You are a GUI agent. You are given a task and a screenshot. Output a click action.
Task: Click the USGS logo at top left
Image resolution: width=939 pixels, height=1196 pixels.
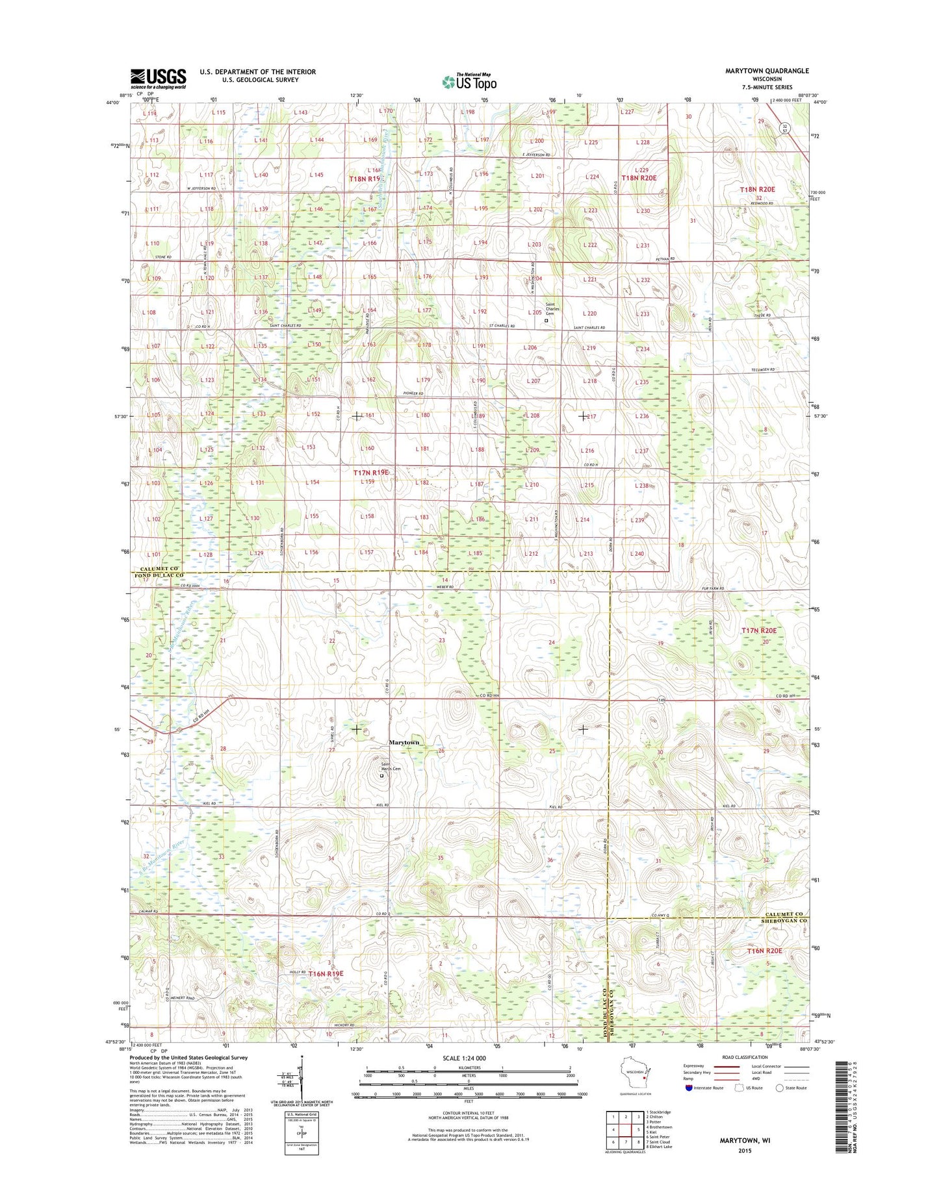158,79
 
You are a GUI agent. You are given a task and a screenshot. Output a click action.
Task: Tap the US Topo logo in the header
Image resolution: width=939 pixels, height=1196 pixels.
469,82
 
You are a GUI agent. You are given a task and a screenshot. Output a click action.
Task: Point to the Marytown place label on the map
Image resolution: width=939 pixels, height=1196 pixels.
404,742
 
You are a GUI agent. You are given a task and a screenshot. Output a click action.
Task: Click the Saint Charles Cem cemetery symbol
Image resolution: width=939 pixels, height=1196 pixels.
546,320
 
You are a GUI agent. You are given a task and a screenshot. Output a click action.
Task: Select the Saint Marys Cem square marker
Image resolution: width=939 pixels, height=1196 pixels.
381,775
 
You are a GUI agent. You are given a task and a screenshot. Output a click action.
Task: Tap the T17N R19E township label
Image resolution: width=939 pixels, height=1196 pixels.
371,473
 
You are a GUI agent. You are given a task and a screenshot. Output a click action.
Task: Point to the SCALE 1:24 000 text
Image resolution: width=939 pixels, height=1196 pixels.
464,1058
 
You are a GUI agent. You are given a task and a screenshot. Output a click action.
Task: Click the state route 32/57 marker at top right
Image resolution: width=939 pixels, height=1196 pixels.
784,129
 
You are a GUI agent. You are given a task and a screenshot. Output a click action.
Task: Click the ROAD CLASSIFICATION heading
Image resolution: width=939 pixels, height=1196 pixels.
743,1057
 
